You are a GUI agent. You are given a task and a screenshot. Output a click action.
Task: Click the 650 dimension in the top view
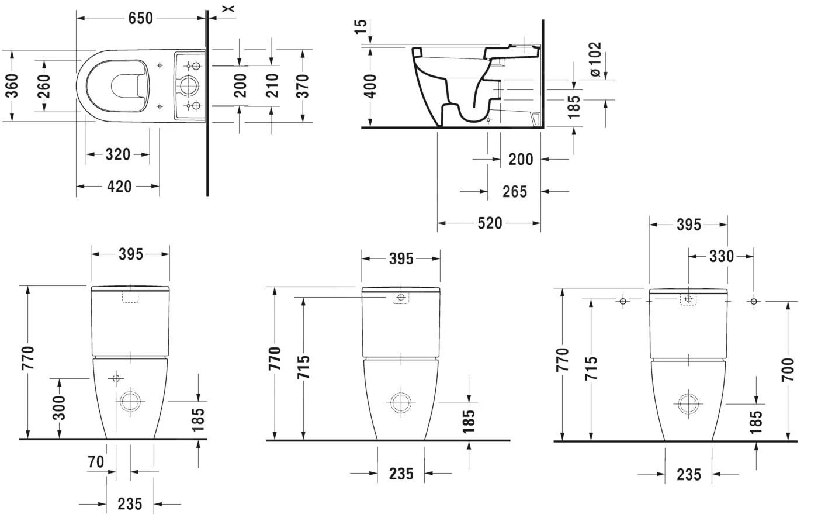point(140,18)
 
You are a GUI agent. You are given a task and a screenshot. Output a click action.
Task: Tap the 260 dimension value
point(44,86)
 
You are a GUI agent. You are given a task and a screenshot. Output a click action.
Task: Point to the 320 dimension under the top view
point(117,155)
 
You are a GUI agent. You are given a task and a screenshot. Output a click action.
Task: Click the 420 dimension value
point(119,187)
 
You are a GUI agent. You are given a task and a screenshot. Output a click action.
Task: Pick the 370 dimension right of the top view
point(303,86)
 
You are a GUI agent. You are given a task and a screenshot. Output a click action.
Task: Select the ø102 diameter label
point(595,59)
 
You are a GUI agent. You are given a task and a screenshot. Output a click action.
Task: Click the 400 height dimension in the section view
point(370,86)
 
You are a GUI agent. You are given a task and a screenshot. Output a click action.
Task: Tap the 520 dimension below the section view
point(490,223)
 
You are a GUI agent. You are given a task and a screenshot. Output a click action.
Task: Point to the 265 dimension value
point(514,192)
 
